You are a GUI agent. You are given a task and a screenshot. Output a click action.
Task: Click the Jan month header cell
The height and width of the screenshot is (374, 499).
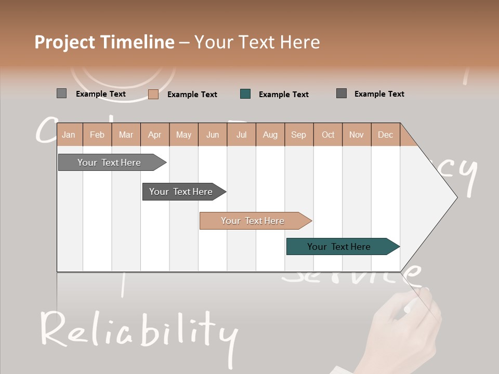click(69, 135)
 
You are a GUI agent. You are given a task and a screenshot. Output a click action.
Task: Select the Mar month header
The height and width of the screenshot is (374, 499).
click(126, 135)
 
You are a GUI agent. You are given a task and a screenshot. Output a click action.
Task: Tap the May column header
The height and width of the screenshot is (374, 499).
click(183, 135)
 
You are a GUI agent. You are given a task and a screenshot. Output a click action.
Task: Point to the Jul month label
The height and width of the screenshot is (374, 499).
click(241, 135)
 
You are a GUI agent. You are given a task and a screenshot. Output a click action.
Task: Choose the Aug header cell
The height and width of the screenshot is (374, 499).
click(270, 135)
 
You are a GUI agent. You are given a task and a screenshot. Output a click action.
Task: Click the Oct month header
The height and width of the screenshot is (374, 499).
click(328, 135)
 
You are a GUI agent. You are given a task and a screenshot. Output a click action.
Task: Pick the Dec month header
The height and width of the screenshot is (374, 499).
click(385, 135)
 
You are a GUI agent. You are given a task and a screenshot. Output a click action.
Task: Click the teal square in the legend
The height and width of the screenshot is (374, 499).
click(245, 94)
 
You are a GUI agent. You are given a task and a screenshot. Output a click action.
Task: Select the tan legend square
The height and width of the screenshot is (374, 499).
click(153, 94)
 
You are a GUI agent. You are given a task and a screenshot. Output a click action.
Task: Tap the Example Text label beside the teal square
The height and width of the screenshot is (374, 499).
click(283, 95)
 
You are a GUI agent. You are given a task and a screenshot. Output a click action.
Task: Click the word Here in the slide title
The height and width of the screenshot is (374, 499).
click(300, 42)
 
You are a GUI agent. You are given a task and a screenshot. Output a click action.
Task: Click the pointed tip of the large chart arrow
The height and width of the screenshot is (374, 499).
click(456, 197)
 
